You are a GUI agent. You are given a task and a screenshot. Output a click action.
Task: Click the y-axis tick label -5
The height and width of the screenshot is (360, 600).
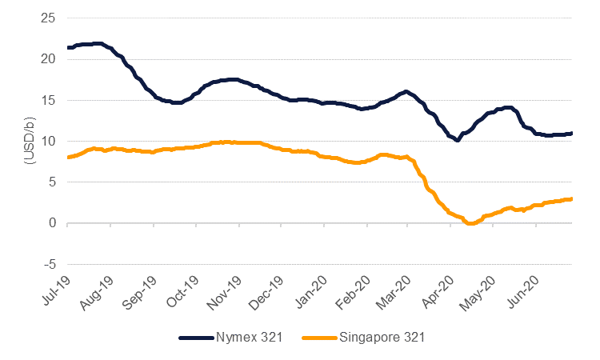coord(48,263)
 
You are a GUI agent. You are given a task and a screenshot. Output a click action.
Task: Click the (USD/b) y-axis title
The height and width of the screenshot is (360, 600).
coord(30,141)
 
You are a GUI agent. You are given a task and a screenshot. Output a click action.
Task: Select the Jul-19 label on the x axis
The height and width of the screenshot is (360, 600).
coord(54,285)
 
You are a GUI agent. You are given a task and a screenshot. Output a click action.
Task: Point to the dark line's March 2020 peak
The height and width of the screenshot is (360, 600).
coord(406,91)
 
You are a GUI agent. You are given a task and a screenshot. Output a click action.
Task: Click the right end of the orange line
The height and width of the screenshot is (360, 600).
coord(571,198)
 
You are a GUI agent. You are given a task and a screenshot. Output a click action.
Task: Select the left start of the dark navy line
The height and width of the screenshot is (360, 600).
coord(69,47)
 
